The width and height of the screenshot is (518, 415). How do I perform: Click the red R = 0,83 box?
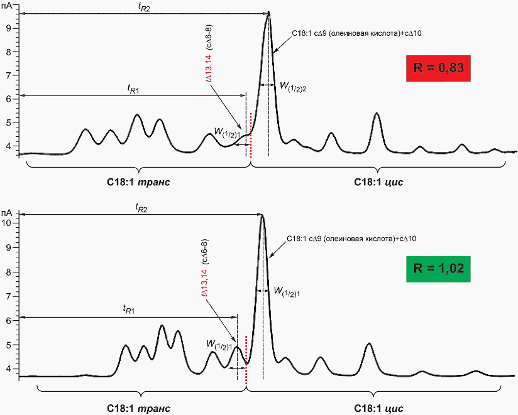click(x=438, y=68)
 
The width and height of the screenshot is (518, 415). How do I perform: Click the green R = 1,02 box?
click(x=438, y=269)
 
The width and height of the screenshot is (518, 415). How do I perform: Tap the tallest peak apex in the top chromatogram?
click(x=269, y=12)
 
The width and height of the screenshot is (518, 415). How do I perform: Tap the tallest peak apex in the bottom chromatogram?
click(x=263, y=215)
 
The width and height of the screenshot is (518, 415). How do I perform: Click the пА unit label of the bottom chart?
click(x=7, y=212)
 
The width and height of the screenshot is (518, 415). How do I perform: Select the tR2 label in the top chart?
click(x=144, y=8)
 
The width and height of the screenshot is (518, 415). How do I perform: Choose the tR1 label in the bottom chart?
click(x=128, y=310)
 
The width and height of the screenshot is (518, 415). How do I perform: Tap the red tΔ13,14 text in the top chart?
click(x=209, y=68)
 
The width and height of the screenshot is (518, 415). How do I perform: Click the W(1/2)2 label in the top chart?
click(x=293, y=87)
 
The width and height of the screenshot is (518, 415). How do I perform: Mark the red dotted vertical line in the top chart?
click(x=251, y=136)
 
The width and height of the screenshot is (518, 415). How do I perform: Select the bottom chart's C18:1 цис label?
click(x=378, y=408)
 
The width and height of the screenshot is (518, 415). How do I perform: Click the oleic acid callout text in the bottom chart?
click(x=351, y=239)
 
